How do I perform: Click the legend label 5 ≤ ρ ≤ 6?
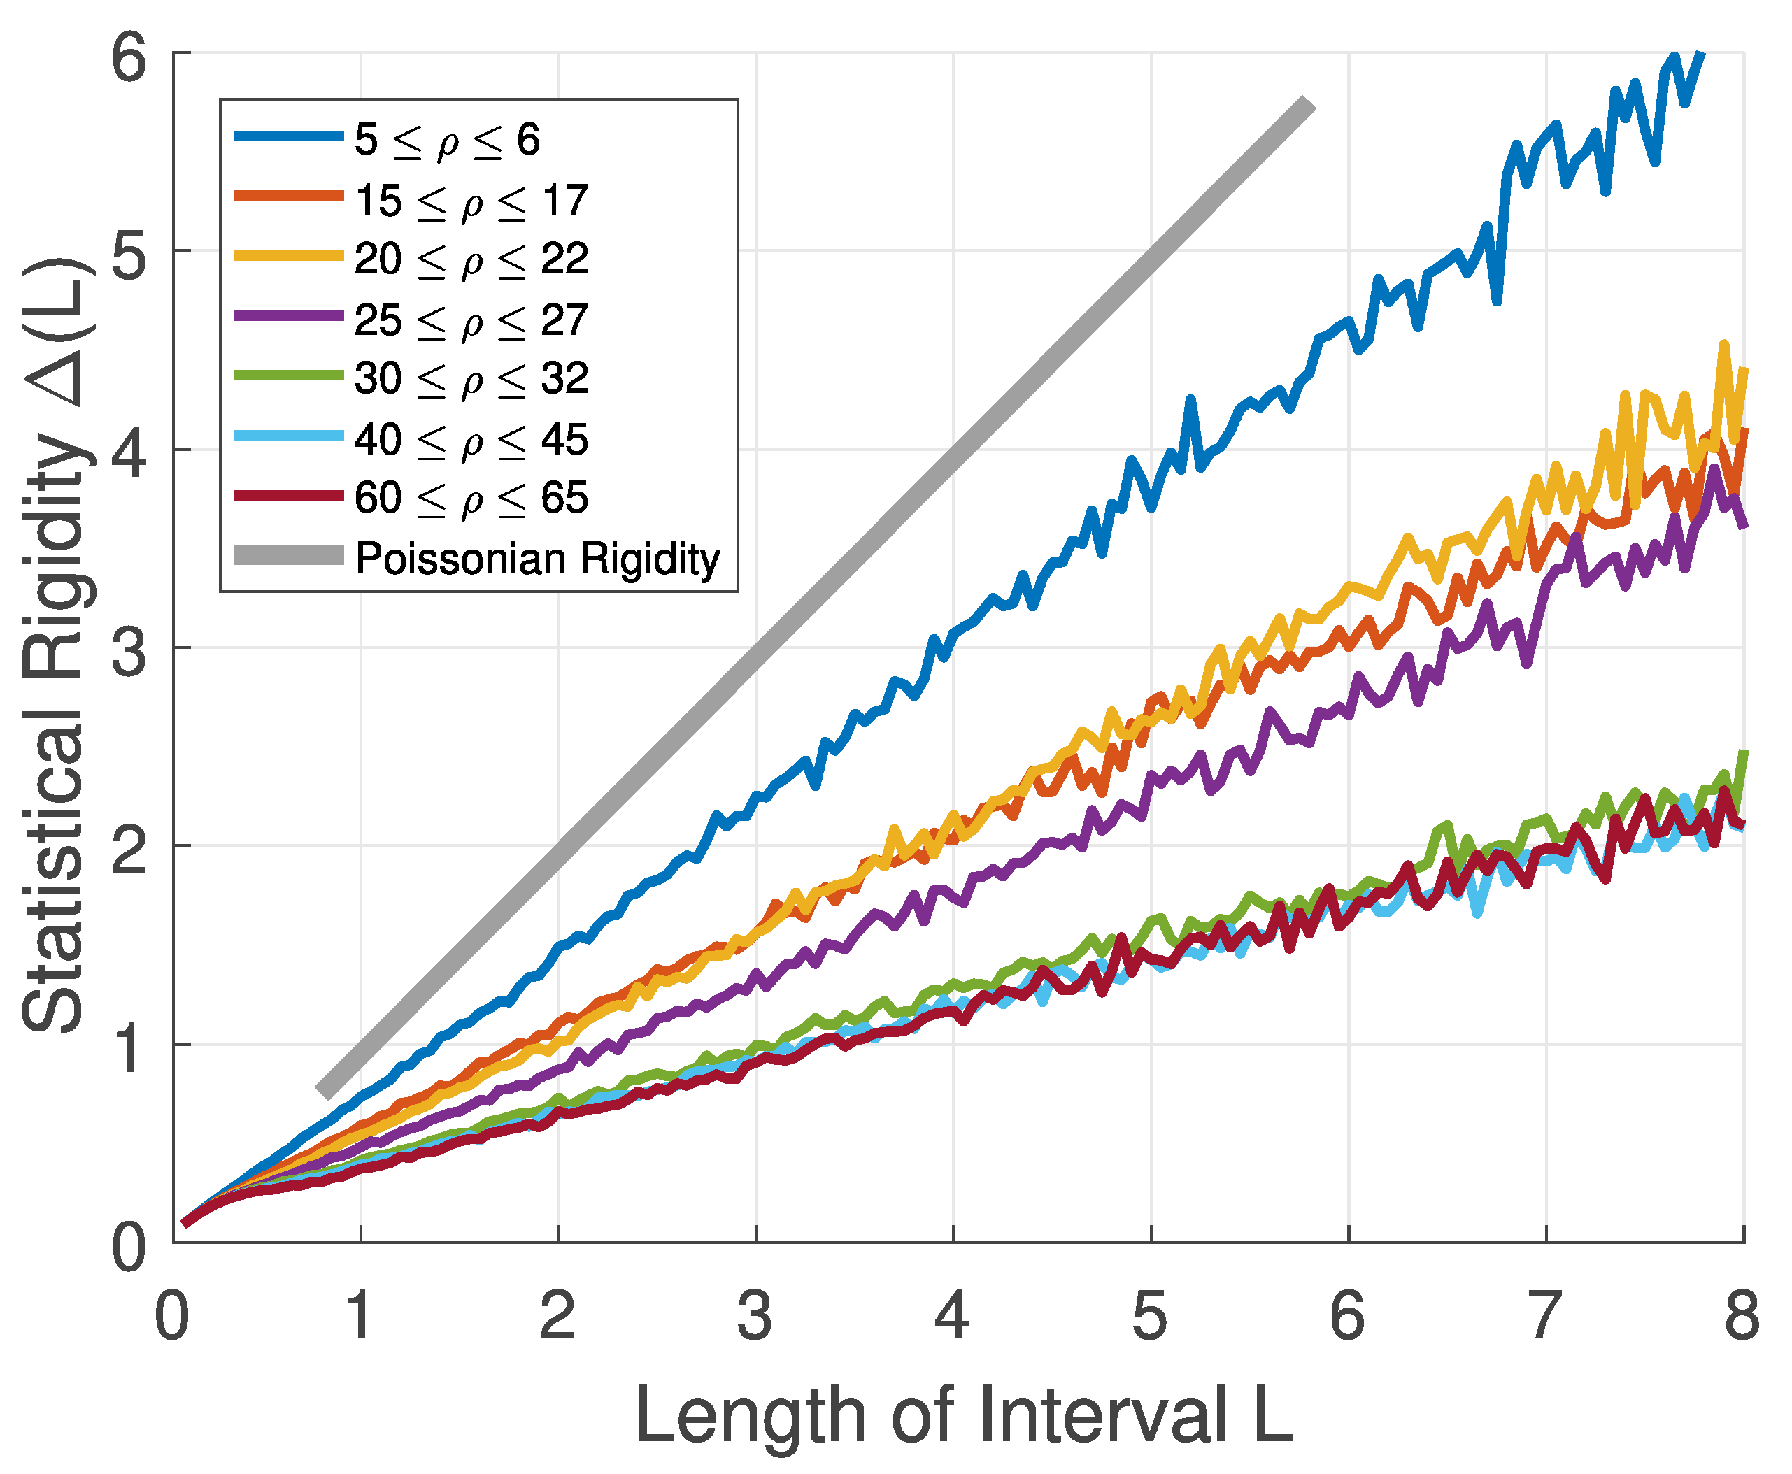447,140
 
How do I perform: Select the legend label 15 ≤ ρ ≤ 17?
471,201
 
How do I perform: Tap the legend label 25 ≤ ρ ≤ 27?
471,321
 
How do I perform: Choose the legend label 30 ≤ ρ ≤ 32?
471,380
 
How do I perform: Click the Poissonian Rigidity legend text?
538,559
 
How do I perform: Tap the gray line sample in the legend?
289,556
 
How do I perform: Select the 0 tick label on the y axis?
129,1247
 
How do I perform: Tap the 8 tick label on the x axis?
1742,1317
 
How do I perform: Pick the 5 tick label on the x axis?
1150,1317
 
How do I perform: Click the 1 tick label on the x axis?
360,1317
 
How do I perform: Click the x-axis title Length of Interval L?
964,1415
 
